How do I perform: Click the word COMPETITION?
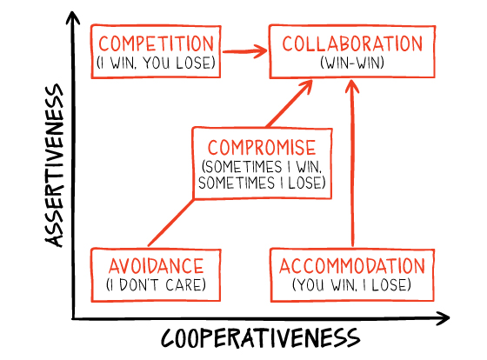157,43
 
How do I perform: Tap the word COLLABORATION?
352,43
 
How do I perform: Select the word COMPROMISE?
262,147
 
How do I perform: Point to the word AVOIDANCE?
156,266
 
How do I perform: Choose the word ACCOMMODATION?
352,266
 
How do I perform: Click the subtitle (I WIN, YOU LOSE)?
156,63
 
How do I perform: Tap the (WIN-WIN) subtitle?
352,63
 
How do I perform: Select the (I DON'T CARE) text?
156,284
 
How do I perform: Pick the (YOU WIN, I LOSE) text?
351,284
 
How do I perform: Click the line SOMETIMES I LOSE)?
262,183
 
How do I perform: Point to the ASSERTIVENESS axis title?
55,165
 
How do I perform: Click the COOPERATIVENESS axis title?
260,338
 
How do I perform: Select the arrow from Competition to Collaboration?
244,51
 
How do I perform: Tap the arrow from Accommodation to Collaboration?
352,163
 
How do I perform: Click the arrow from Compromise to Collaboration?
290,103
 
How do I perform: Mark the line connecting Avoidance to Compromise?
170,223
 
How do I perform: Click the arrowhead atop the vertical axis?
73,17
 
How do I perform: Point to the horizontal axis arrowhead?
443,318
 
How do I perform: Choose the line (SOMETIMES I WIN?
262,166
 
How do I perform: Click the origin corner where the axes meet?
73,318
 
